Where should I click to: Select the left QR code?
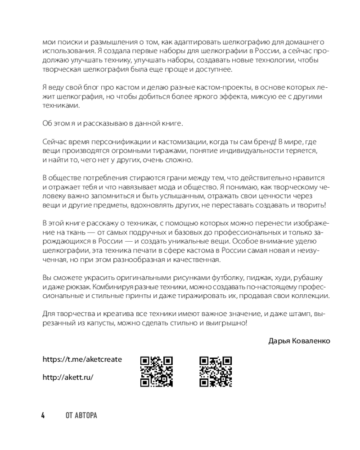157,372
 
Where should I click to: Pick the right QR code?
216,372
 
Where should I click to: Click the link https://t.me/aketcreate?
82,360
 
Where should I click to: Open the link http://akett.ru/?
68,378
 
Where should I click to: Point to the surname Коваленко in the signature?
311,341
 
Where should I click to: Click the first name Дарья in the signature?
279,341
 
